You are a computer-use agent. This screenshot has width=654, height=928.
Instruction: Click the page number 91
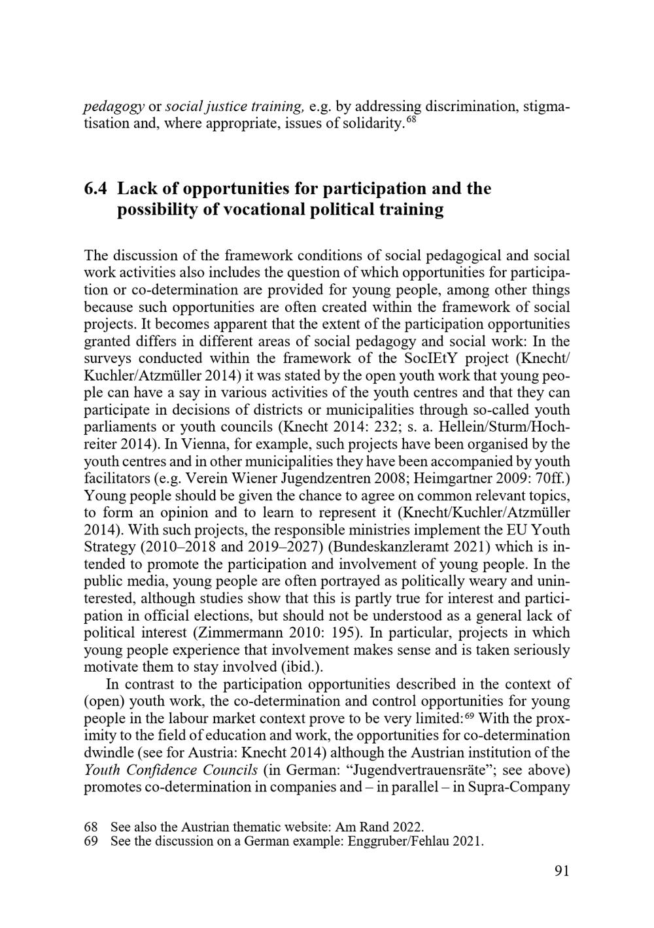click(561, 870)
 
